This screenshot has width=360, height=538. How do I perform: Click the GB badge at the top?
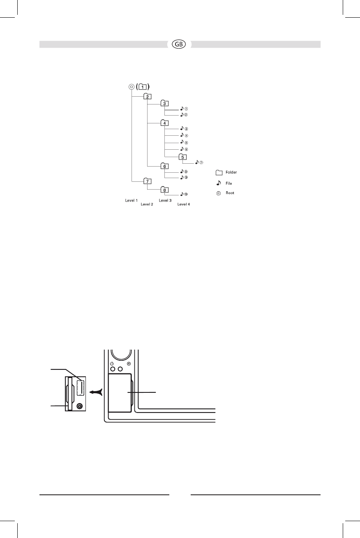[x=179, y=44]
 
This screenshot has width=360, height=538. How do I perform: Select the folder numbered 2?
[x=148, y=96]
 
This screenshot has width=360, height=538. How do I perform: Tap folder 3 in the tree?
[x=164, y=103]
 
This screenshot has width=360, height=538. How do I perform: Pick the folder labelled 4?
[x=164, y=123]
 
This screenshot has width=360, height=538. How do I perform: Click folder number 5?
[x=182, y=157]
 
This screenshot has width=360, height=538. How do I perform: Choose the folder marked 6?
[x=164, y=166]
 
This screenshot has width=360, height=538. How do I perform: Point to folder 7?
[x=148, y=181]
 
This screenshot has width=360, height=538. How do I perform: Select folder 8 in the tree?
[x=164, y=190]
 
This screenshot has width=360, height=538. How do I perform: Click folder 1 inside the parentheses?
[x=143, y=86]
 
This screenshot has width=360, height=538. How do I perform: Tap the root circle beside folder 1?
[x=131, y=86]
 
